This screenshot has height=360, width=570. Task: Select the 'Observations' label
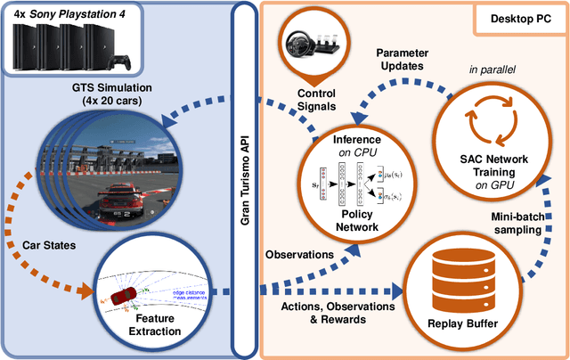pos(300,255)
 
